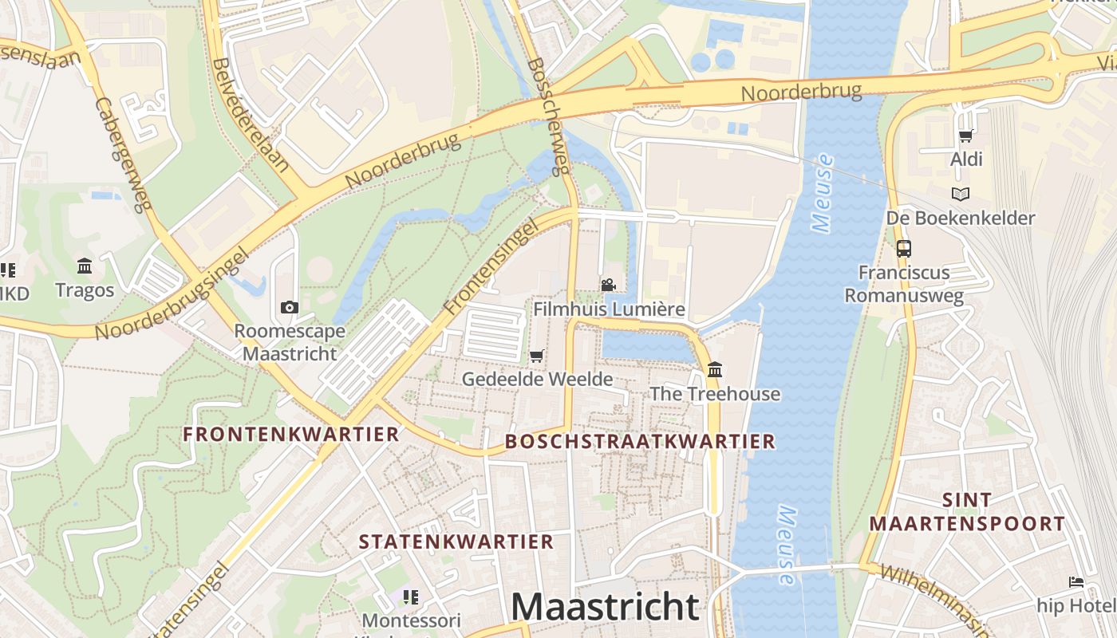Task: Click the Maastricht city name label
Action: click(605, 606)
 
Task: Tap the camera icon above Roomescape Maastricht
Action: click(290, 307)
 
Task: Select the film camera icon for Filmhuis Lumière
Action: click(609, 285)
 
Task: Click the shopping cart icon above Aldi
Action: click(965, 136)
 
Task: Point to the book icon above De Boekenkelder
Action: click(961, 194)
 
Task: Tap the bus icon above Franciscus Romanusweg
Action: click(903, 248)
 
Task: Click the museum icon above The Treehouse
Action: click(714, 370)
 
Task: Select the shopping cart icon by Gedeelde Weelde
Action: click(536, 356)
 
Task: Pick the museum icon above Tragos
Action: click(85, 266)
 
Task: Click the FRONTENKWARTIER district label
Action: click(290, 434)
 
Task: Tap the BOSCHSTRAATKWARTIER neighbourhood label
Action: click(640, 441)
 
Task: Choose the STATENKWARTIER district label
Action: click(456, 542)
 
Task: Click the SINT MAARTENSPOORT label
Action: click(967, 512)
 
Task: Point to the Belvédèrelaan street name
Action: click(250, 116)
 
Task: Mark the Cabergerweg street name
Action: click(122, 155)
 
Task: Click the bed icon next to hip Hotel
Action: click(1076, 582)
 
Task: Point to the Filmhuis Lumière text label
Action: click(609, 309)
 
